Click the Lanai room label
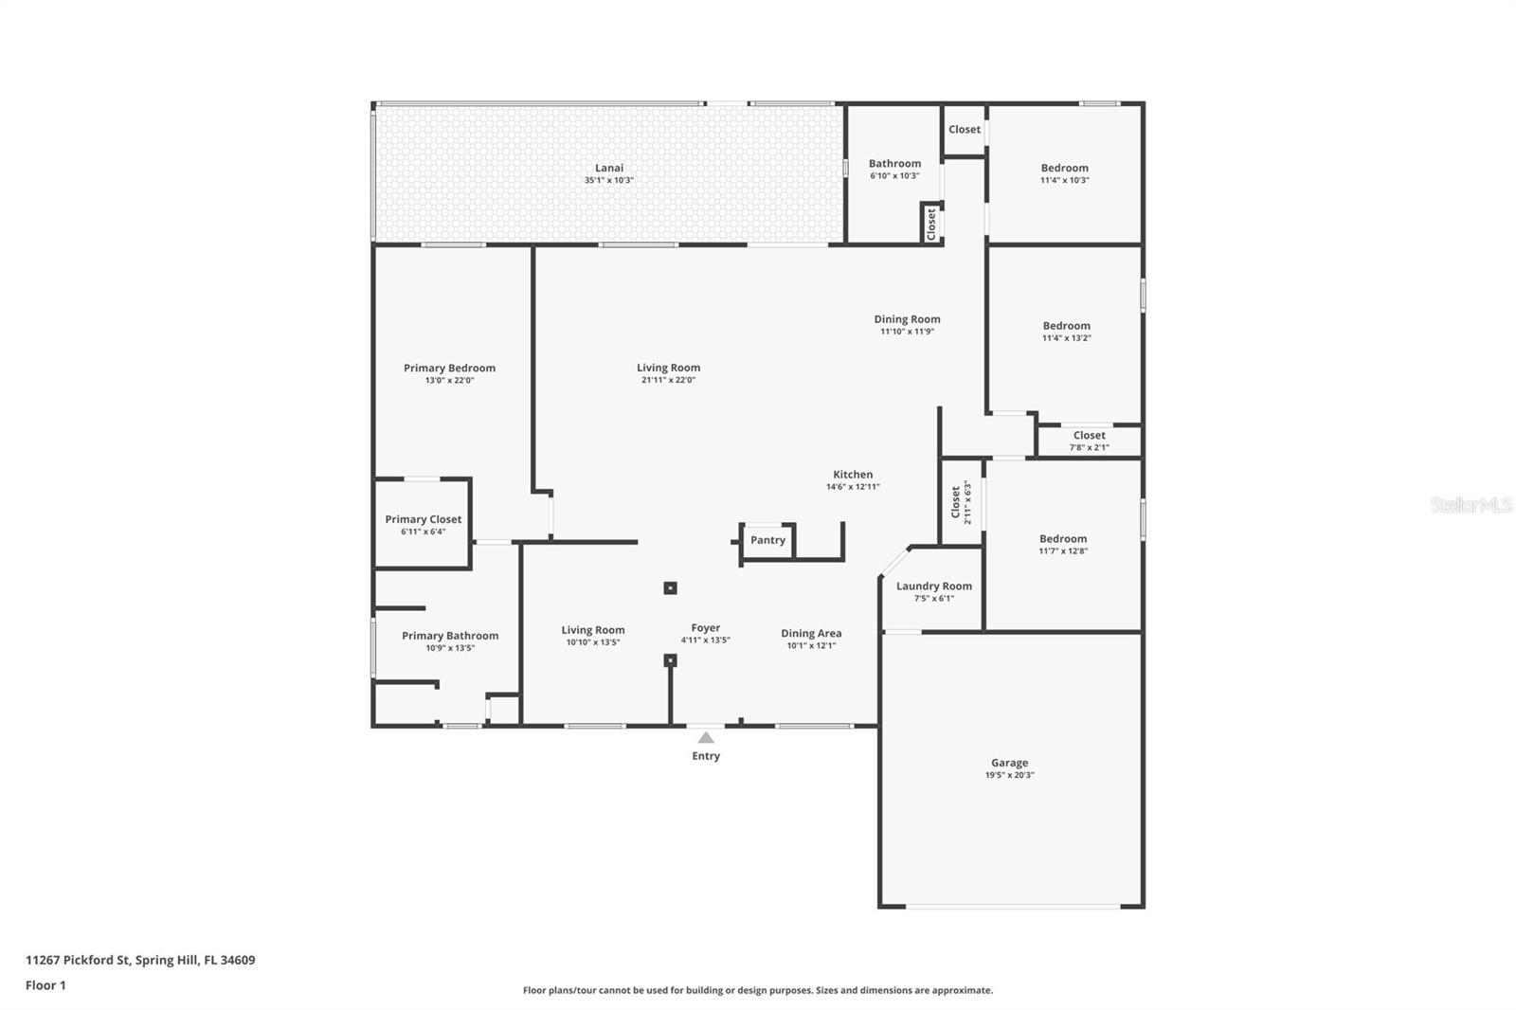pos(609,168)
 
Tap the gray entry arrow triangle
pos(706,737)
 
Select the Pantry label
pos(767,539)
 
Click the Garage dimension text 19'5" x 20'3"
pos(1009,775)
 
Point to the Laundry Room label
pos(934,586)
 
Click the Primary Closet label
pos(423,519)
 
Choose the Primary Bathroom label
pos(450,636)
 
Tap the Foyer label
pos(705,628)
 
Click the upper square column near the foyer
pos(670,588)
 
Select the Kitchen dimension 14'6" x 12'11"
pos(853,487)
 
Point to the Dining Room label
pos(907,319)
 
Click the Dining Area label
pos(811,634)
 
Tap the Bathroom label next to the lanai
pos(894,164)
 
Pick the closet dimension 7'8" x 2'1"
pos(1089,447)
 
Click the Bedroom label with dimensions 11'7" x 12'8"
pos(1063,539)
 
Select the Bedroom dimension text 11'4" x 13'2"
pos(1067,338)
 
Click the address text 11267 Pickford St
pos(77,960)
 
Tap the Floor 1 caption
pos(45,985)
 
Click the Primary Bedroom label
pos(449,369)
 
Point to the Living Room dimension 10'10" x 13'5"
pos(593,642)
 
